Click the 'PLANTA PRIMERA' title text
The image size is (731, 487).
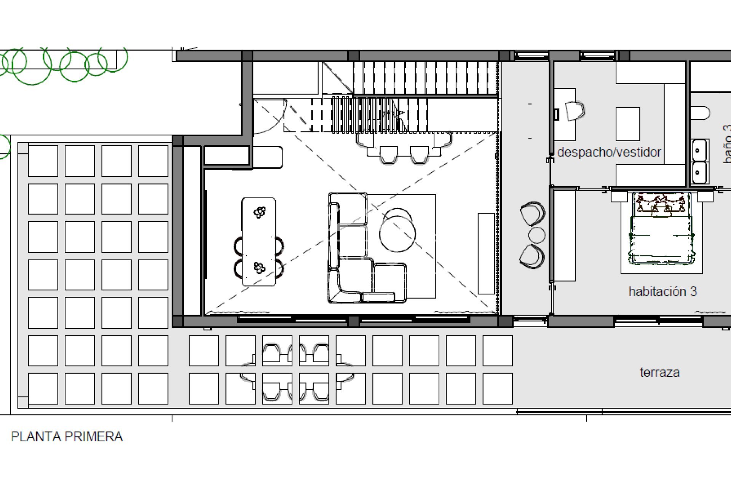click(x=67, y=436)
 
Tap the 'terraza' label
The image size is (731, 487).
click(x=659, y=372)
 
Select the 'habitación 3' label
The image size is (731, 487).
click(x=662, y=291)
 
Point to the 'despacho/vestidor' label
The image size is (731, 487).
click(x=609, y=152)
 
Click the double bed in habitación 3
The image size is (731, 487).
click(x=661, y=232)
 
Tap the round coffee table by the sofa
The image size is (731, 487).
click(x=397, y=233)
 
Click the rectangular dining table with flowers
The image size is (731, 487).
click(x=259, y=242)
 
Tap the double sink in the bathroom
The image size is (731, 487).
click(x=700, y=161)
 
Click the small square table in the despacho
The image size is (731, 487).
click(x=627, y=124)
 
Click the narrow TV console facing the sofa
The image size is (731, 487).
click(x=486, y=253)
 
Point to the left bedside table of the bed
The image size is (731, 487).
click(x=619, y=196)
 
